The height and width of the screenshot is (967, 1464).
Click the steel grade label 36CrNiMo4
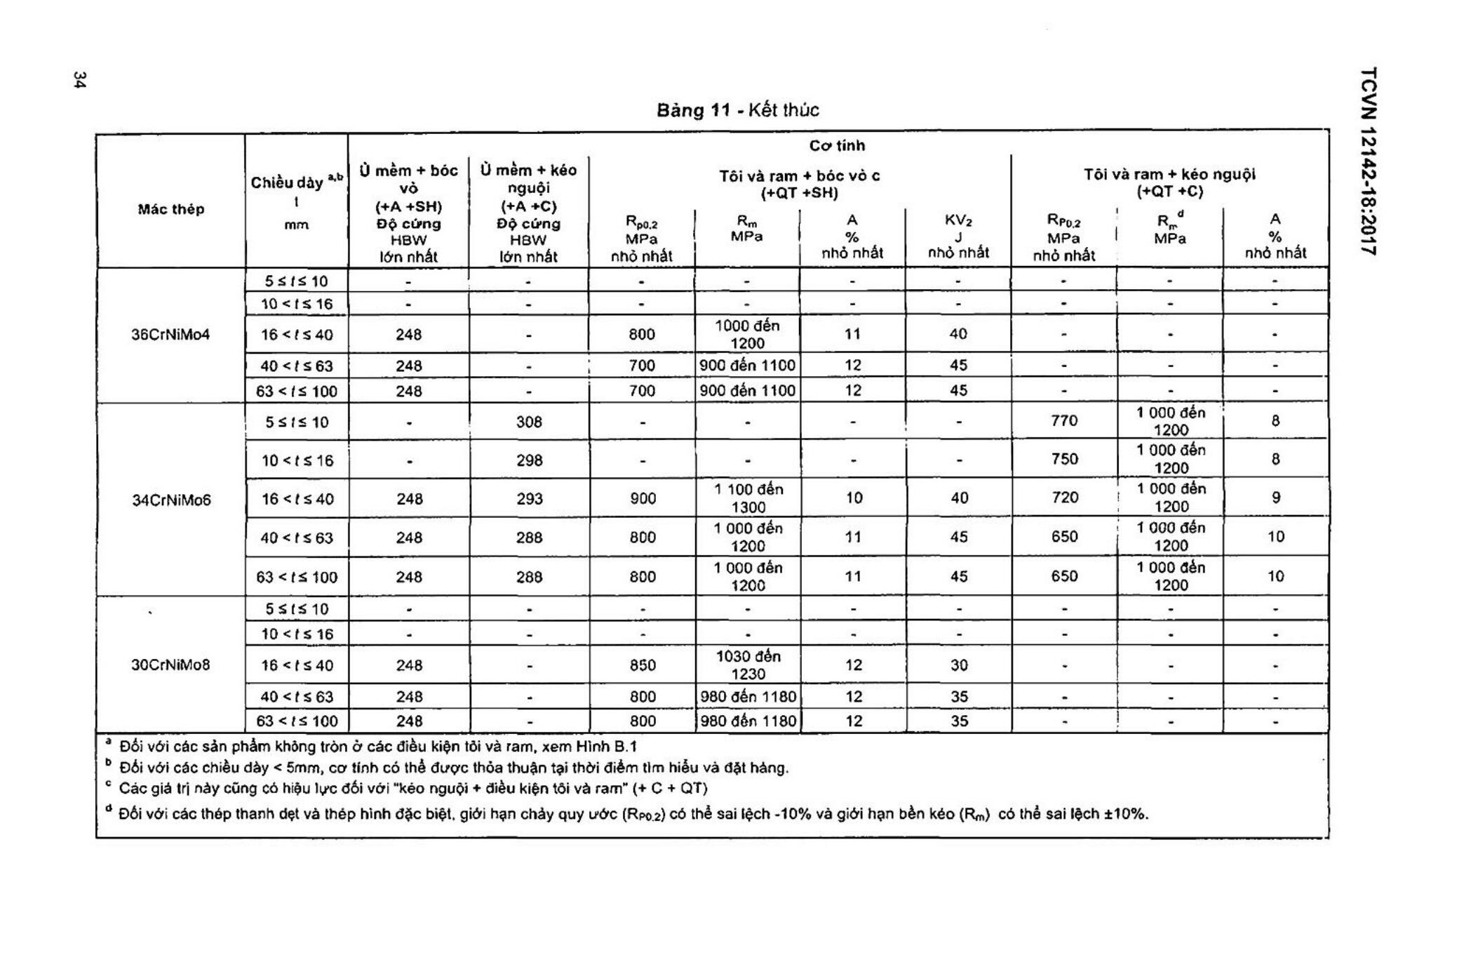[170, 335]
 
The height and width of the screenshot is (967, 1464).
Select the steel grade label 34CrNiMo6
[171, 500]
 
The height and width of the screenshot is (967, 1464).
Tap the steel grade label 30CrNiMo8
[170, 665]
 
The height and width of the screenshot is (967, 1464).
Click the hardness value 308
[529, 422]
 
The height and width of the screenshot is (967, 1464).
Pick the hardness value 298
[529, 460]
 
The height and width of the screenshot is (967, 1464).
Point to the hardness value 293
[529, 499]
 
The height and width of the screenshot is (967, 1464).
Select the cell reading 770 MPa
[1064, 421]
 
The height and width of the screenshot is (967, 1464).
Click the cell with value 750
[1064, 459]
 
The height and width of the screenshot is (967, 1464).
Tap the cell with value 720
[1064, 498]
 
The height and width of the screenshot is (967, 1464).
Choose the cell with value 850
[642, 665]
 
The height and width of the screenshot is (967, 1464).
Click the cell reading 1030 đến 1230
[748, 665]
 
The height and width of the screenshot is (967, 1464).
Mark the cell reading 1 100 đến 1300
[748, 498]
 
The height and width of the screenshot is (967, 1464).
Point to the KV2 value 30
[959, 665]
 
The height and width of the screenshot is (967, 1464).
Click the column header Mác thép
[170, 209]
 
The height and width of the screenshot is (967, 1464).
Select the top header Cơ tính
[837, 146]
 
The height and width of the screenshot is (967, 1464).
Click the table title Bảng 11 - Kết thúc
[737, 110]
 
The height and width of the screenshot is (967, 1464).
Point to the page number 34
[79, 79]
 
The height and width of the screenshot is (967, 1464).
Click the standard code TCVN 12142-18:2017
[1368, 161]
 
